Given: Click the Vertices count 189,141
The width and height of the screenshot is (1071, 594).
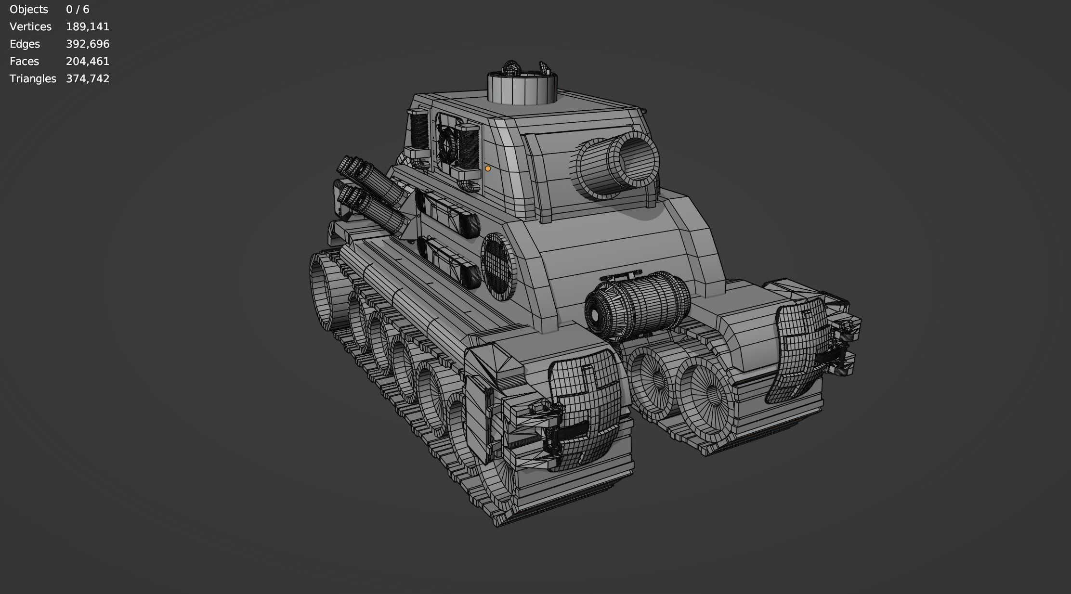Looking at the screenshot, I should [87, 27].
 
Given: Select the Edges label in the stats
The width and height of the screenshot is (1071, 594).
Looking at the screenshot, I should [25, 44].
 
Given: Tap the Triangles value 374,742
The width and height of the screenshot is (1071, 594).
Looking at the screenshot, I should [87, 79].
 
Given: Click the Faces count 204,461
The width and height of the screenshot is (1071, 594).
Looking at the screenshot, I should [87, 62].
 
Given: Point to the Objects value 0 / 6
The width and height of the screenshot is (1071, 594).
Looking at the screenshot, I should [77, 10].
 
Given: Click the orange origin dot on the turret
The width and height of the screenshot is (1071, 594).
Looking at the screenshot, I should [488, 168].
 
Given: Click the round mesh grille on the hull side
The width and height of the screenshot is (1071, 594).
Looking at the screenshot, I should [498, 266].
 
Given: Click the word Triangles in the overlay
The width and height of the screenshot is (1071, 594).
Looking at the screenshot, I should [33, 79].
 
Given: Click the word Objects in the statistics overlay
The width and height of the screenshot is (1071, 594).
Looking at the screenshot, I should [29, 10].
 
